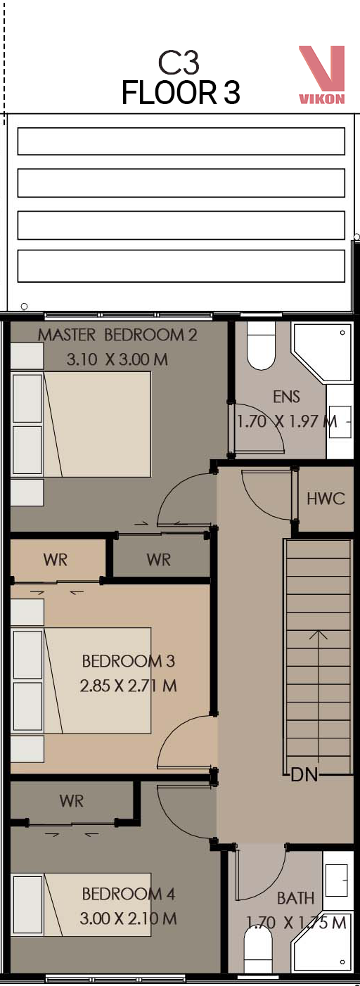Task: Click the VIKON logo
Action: click(x=322, y=75)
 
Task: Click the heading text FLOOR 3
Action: click(x=181, y=93)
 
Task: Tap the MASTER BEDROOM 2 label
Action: click(x=117, y=335)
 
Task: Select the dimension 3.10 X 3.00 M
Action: click(x=117, y=359)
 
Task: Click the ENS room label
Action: click(x=286, y=397)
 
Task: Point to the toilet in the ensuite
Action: click(x=261, y=345)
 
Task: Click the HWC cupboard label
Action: click(x=326, y=499)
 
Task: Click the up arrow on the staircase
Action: click(x=319, y=702)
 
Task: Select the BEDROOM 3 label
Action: click(x=129, y=660)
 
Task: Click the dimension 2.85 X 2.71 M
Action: click(x=128, y=686)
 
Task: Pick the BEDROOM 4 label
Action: click(x=129, y=894)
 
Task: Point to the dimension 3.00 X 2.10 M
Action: click(x=128, y=918)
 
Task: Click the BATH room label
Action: click(x=296, y=898)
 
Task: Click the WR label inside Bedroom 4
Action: click(x=72, y=800)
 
